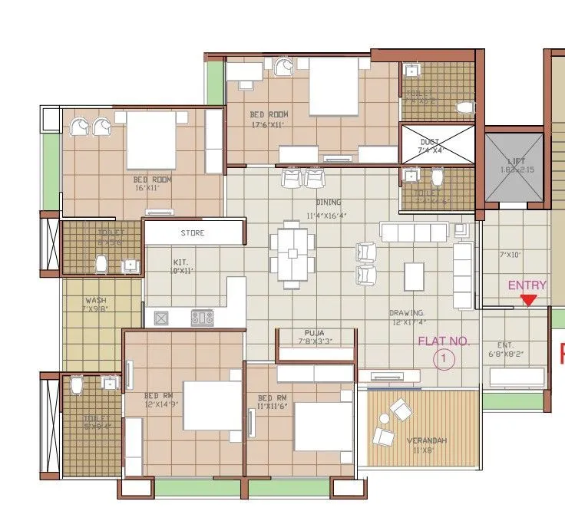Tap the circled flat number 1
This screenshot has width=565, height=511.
coord(442,358)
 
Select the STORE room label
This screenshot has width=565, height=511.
coord(192,232)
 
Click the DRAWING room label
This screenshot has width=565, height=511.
coord(407,313)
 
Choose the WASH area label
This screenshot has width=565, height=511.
coord(95,301)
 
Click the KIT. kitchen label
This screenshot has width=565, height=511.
coord(180,262)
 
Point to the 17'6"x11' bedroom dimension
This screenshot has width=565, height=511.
coord(268,124)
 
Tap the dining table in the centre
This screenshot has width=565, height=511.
coord(291,252)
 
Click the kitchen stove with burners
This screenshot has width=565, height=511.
coord(202,315)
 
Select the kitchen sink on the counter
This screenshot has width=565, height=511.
coord(162,316)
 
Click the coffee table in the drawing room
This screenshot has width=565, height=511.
coord(414,275)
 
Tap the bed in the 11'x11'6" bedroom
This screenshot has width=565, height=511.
coord(317,426)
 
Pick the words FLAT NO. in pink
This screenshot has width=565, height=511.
coord(443,341)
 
